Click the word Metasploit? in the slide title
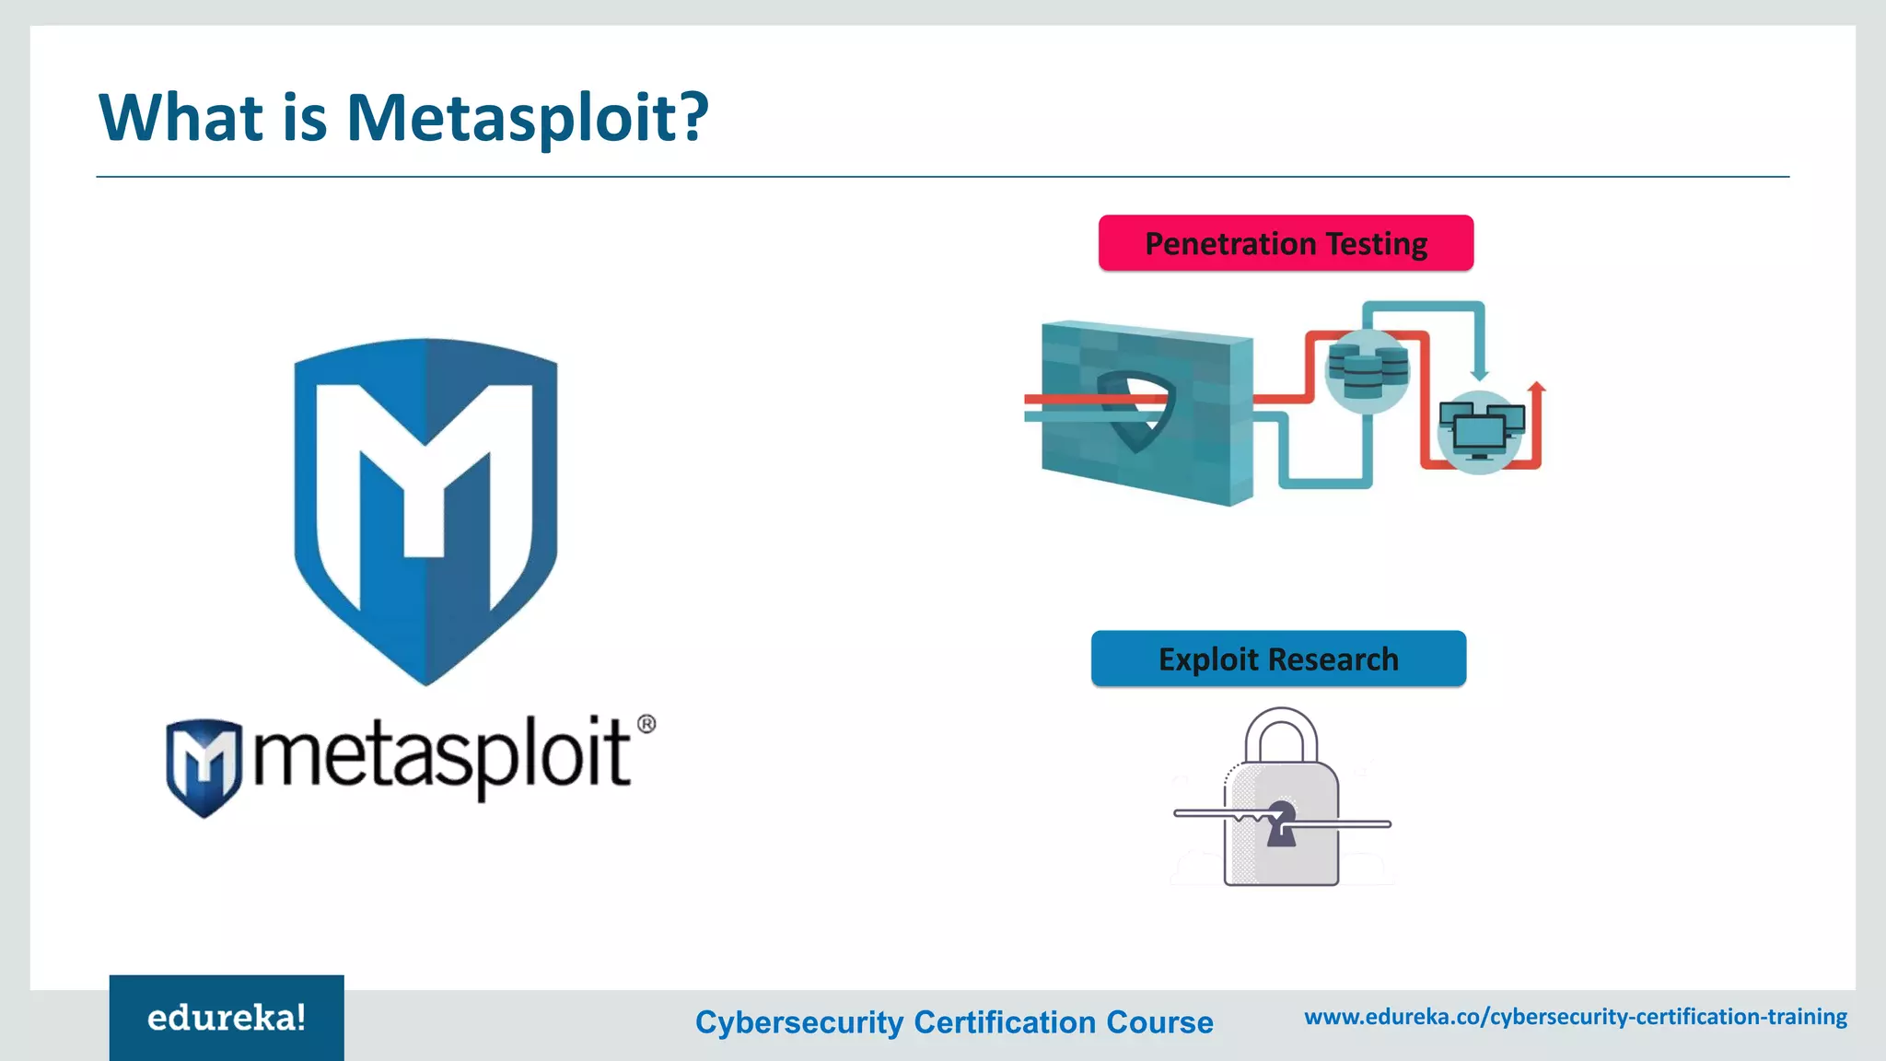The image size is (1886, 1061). click(x=527, y=118)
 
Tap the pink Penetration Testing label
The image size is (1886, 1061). click(x=1286, y=243)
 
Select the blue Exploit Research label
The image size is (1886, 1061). click(x=1278, y=659)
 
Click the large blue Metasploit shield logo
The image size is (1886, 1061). click(x=425, y=511)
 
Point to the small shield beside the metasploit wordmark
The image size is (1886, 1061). click(x=204, y=767)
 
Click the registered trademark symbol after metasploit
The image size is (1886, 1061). click(x=646, y=724)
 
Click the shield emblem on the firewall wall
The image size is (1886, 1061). click(x=1138, y=410)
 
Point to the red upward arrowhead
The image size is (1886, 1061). click(x=1535, y=387)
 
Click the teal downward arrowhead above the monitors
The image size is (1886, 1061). click(x=1479, y=373)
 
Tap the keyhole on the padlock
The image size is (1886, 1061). click(x=1281, y=822)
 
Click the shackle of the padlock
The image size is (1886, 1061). click(x=1281, y=732)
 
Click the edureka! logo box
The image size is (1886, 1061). click(x=227, y=1018)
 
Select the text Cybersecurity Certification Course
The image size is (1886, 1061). click(x=954, y=1022)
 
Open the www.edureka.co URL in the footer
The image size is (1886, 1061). click(x=1576, y=1017)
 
